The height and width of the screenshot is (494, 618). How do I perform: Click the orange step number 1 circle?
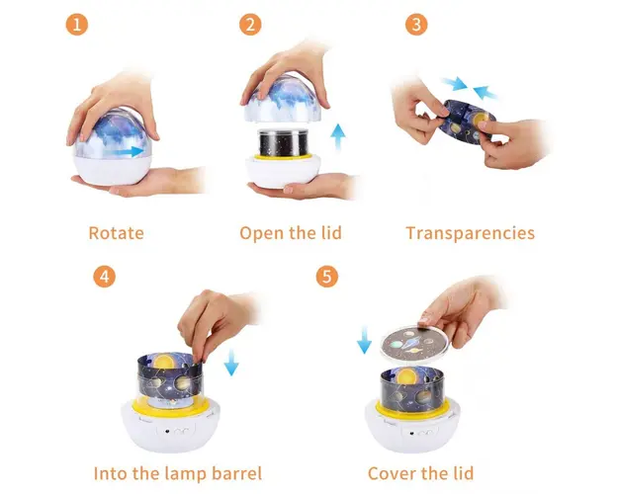click(x=76, y=25)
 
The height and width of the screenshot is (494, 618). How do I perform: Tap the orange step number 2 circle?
click(x=250, y=25)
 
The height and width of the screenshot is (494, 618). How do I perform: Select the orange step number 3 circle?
click(x=416, y=25)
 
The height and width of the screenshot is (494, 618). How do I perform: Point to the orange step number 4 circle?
click(x=105, y=277)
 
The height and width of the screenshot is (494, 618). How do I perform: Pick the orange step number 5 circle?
click(x=327, y=277)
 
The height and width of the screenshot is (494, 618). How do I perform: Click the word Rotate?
click(x=117, y=233)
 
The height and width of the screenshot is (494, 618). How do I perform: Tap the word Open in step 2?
click(x=262, y=233)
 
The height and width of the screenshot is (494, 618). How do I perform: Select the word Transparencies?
click(x=471, y=233)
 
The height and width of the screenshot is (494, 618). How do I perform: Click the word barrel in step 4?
click(x=236, y=473)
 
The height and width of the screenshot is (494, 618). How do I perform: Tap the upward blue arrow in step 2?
click(x=338, y=137)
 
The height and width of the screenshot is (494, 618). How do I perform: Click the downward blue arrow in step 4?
click(x=231, y=362)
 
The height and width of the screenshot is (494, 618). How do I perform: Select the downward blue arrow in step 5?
click(x=364, y=340)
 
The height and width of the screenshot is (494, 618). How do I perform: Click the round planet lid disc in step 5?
click(x=415, y=344)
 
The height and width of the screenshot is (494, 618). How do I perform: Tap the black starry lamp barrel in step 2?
click(x=284, y=143)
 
